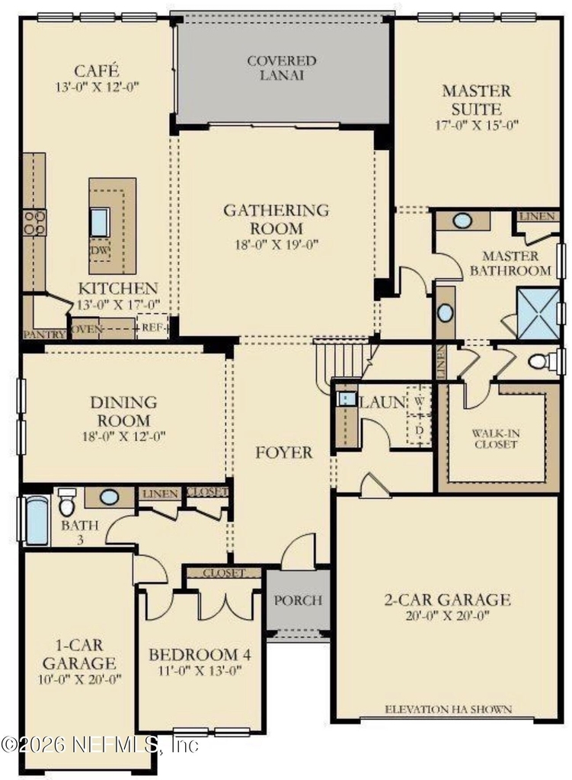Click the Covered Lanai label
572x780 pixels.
282,68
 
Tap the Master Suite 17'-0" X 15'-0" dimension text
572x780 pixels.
477,125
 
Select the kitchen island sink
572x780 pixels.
100,222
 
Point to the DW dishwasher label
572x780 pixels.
100,250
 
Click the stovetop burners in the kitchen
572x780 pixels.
34,223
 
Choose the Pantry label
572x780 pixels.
43,335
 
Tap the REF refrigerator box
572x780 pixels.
152,328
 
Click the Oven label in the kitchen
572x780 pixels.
87,329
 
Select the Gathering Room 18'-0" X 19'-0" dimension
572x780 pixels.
276,245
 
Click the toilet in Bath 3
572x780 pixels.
66,503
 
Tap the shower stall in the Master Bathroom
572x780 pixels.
538,313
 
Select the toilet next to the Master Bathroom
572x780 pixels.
542,360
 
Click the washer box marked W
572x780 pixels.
420,399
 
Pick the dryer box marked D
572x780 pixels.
420,429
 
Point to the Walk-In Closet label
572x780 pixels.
496,439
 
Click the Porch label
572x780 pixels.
298,600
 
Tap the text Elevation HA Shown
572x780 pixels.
448,709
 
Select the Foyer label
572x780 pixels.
284,452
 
